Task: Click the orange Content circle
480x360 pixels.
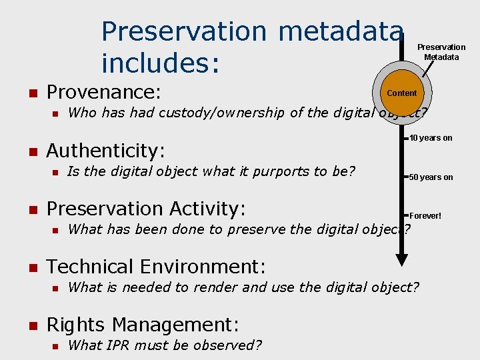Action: pyautogui.click(x=402, y=93)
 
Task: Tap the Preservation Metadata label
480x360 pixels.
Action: pyautogui.click(x=441, y=52)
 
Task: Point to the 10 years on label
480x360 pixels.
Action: pyautogui.click(x=431, y=138)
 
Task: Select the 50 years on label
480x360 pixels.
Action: pyautogui.click(x=431, y=177)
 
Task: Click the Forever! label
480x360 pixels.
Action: pyautogui.click(x=425, y=216)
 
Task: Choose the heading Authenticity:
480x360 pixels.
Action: pyautogui.click(x=105, y=151)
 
